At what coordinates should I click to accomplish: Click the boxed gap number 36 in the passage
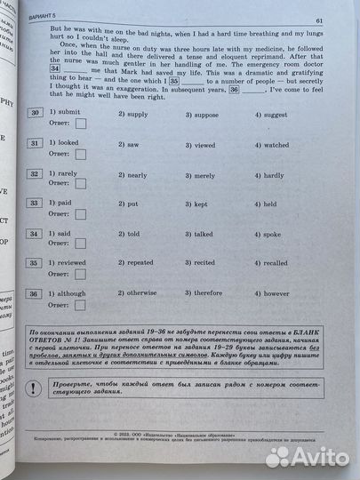234,90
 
